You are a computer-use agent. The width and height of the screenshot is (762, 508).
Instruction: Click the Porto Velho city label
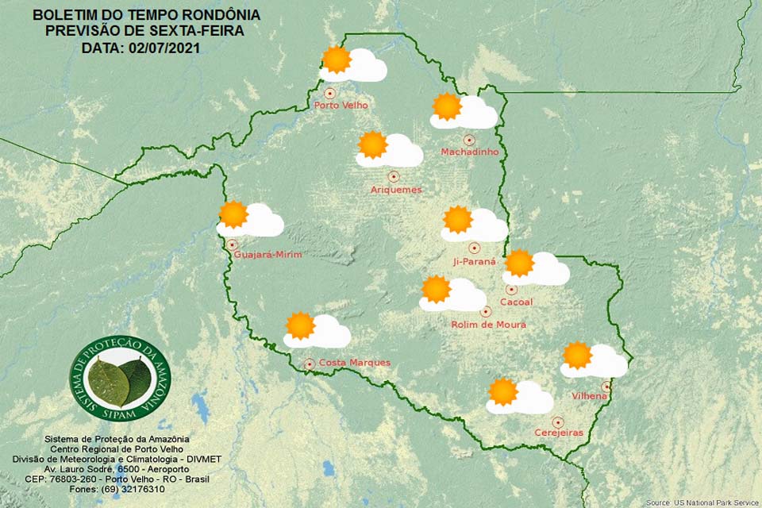pos(338,105)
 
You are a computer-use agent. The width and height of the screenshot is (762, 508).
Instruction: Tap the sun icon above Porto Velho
pos(337,60)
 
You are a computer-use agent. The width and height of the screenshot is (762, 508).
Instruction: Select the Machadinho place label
pos(470,152)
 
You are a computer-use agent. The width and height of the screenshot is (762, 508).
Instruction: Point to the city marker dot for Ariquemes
pos(393,177)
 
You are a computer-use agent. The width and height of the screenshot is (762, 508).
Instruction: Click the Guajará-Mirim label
pos(269,254)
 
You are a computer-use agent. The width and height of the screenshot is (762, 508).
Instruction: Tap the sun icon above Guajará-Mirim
pos(233,214)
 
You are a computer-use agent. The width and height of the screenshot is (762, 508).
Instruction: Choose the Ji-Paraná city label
pos(474,261)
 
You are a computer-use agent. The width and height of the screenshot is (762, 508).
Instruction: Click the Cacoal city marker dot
pos(512,290)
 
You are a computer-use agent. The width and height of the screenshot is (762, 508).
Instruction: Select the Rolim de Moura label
pos(488,325)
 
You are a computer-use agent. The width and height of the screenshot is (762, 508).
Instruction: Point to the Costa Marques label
pos(354,363)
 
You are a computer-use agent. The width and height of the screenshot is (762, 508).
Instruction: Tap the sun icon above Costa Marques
pos(300,325)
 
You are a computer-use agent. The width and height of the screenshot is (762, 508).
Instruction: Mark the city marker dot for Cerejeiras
pos(558,422)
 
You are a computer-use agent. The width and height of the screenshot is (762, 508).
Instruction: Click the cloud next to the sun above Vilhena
pos(606,363)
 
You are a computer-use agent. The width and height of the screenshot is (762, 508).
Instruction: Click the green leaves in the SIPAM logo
pos(120,380)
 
